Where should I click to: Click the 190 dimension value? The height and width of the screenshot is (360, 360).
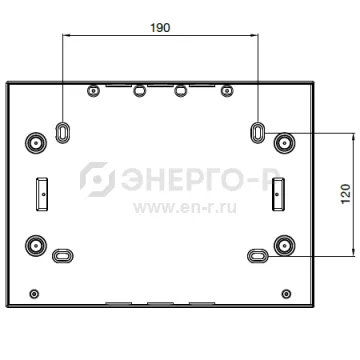coord(160,28)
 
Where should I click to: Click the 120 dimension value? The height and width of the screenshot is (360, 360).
coord(346,194)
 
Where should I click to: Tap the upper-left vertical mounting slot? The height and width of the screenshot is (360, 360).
coord(62,133)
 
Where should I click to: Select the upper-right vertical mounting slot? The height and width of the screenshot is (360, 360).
coord(257,133)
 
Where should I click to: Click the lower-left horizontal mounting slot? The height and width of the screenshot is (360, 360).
coord(63,256)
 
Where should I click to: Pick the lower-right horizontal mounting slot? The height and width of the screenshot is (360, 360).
coord(258,256)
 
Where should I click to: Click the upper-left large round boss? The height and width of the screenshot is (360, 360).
coord(36,143)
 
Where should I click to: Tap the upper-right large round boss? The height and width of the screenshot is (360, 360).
coord(284,143)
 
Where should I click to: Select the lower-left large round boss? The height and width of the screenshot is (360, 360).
coord(36,246)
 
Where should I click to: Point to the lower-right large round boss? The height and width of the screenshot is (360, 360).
coord(284,246)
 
